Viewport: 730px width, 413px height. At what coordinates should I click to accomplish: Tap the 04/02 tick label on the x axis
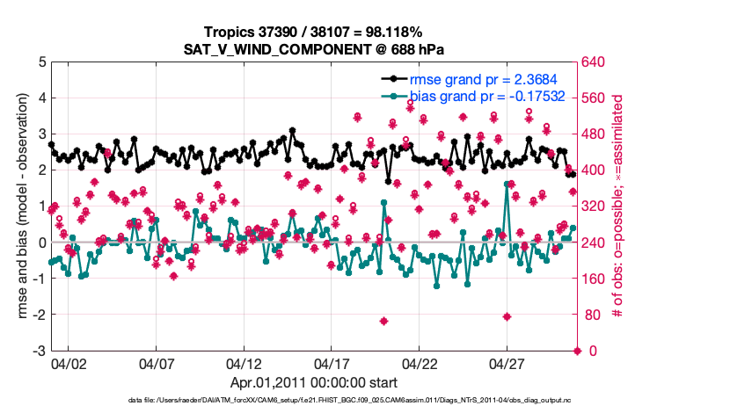click(x=68, y=363)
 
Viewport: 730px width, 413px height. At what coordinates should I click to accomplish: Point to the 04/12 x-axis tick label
click(x=244, y=363)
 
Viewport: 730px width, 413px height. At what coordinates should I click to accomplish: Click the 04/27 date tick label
click(x=507, y=363)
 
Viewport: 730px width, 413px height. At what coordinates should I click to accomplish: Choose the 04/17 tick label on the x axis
click(x=332, y=363)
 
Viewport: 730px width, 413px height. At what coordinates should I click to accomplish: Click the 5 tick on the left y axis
click(x=40, y=62)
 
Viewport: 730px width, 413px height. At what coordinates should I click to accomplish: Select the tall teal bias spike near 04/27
click(x=507, y=184)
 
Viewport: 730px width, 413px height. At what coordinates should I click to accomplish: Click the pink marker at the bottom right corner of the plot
click(x=578, y=351)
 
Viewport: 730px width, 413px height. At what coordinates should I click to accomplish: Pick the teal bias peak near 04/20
click(x=384, y=202)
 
